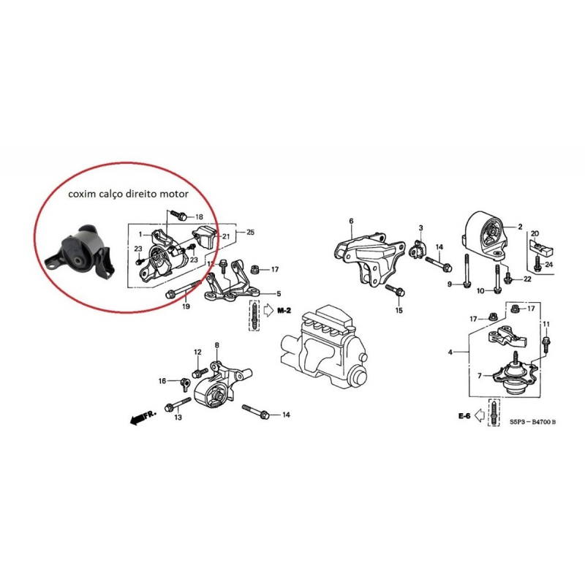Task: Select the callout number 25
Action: click(251, 232)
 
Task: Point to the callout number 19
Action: click(185, 306)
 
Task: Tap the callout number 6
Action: click(351, 221)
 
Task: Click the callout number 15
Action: click(399, 311)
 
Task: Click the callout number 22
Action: click(527, 279)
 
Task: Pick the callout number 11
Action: click(546, 324)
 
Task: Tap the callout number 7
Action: click(480, 375)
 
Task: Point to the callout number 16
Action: click(162, 381)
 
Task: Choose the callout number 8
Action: click(216, 344)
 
